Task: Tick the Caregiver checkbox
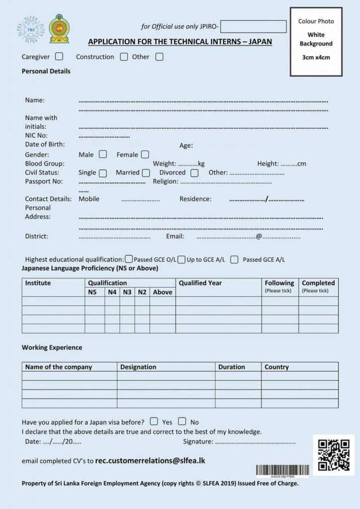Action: (59, 57)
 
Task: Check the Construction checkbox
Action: (124, 57)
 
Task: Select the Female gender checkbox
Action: (145, 155)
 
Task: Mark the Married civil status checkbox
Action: (146, 173)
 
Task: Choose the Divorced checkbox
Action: (194, 173)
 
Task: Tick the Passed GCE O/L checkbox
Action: (129, 259)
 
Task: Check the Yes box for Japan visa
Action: (154, 422)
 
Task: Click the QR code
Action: (334, 455)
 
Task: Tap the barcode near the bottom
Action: (282, 470)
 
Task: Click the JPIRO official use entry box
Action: (253, 26)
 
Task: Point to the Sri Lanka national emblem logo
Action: (59, 28)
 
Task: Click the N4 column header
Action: (112, 292)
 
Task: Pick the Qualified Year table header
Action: (200, 283)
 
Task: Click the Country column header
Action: (276, 367)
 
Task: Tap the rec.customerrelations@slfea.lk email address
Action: (150, 461)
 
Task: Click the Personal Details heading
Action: (46, 71)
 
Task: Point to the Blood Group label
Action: (45, 164)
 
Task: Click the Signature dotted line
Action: (255, 442)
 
